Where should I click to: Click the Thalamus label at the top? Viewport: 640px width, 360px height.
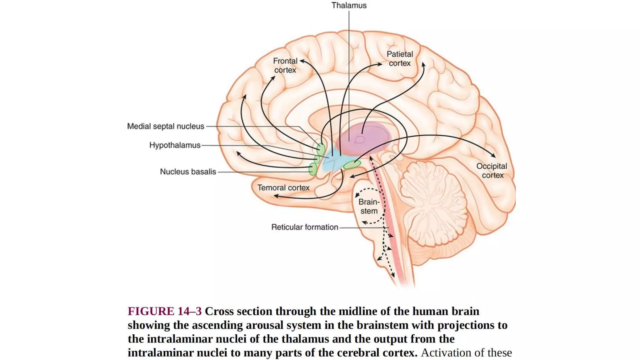pos(349,6)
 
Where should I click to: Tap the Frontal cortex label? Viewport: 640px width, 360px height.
pos(285,65)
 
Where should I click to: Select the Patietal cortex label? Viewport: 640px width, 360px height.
pos(400,59)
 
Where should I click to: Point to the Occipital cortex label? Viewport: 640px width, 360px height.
pos(492,171)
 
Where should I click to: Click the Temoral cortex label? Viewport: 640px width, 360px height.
pos(283,188)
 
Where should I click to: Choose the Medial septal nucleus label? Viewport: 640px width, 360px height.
pos(166,126)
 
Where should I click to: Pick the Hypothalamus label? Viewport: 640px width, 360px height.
pos(175,145)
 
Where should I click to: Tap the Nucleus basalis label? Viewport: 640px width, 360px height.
pos(188,172)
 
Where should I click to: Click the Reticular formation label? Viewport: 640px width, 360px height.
pos(305,227)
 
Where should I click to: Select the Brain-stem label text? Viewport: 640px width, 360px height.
pos(369,207)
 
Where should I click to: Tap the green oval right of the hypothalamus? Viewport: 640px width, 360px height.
pos(352,165)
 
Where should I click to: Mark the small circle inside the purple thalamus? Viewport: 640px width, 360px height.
pos(360,139)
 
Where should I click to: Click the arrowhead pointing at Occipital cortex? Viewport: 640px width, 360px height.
pos(493,155)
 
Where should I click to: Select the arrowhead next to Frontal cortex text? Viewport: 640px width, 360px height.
pos(302,61)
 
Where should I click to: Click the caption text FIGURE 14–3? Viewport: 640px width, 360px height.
pos(165,311)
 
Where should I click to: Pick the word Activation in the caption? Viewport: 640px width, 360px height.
pos(442,353)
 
